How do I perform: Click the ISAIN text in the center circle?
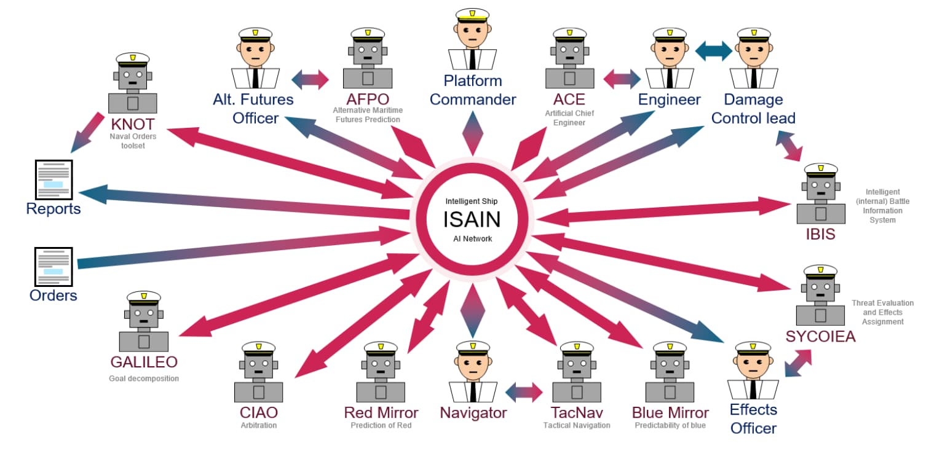click(472, 219)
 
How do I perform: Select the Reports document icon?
click(53, 179)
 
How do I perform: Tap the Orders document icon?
click(53, 267)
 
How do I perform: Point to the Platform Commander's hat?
click(472, 15)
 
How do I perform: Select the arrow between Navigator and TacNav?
click(524, 391)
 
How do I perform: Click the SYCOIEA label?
click(820, 336)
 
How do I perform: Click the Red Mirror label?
click(381, 412)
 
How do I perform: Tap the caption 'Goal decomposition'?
click(144, 378)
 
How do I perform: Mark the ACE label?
click(569, 99)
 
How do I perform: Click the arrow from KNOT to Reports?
click(87, 133)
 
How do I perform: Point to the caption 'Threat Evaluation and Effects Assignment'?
click(882, 312)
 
